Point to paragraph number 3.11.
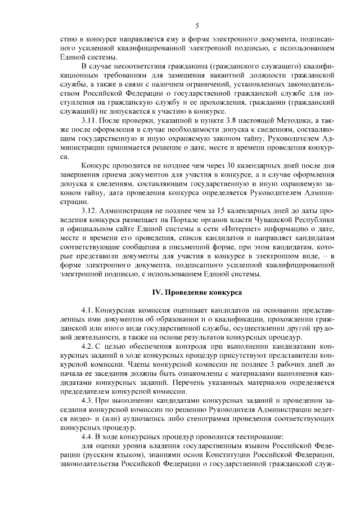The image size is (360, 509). pyautogui.click(x=90, y=121)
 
